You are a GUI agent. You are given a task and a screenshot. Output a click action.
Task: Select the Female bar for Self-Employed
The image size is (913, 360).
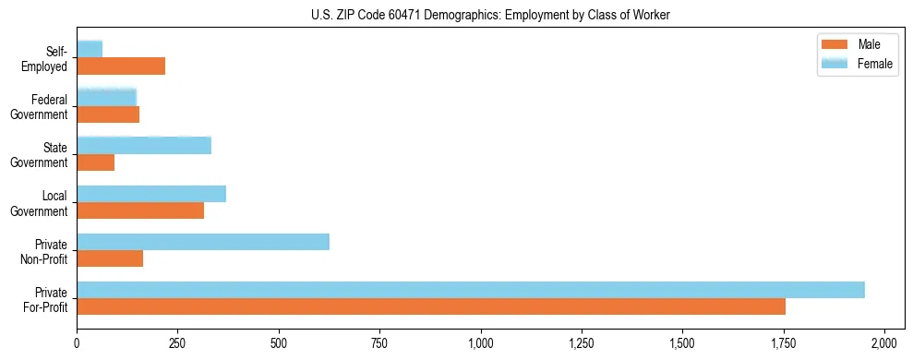click(x=90, y=49)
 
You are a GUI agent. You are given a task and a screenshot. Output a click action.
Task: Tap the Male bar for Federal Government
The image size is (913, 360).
click(x=108, y=114)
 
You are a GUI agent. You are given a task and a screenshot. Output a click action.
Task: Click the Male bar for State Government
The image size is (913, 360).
click(x=95, y=162)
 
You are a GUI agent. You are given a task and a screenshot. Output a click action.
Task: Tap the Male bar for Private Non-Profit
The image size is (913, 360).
click(x=110, y=258)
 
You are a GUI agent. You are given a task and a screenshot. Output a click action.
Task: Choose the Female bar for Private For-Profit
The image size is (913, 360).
click(x=471, y=290)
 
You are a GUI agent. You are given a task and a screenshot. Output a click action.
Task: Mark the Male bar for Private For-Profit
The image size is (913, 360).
click(x=431, y=306)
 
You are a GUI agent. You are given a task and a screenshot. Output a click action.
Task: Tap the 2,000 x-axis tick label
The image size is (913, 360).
click(x=884, y=343)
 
